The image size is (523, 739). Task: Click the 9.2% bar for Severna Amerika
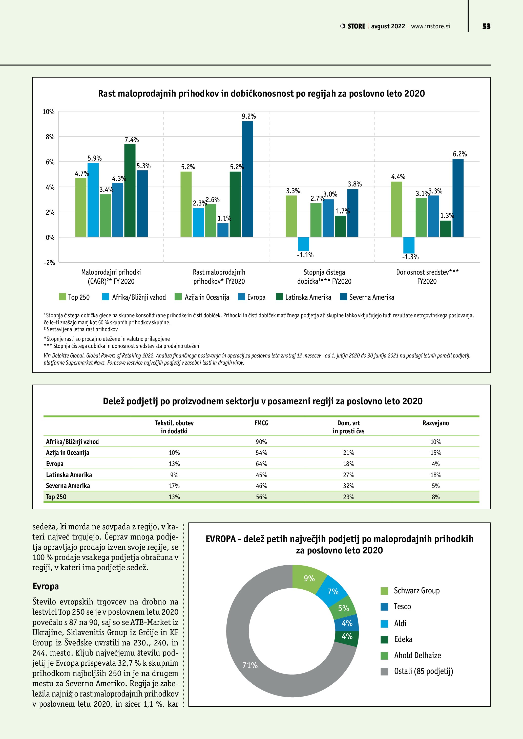click(247, 179)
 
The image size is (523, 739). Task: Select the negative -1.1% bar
click(303, 244)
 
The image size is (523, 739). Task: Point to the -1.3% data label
click(410, 257)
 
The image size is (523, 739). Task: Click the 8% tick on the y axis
click(50, 137)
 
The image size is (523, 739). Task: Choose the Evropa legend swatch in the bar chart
click(241, 297)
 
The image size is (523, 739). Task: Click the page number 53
click(486, 26)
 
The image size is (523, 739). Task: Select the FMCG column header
click(261, 423)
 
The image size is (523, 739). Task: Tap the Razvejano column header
click(435, 423)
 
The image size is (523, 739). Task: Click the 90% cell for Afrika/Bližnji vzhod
click(261, 442)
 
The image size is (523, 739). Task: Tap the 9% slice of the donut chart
click(308, 578)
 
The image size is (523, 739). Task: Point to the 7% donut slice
click(333, 592)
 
